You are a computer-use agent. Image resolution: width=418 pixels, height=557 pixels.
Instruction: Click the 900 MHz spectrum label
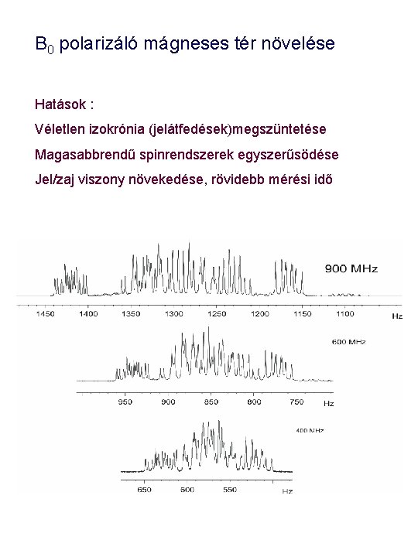point(351,268)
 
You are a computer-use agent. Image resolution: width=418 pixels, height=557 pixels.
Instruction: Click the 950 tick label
point(125,402)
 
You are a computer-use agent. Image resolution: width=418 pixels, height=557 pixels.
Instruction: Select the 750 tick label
point(296,402)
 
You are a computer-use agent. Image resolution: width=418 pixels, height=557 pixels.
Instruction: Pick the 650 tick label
point(145,489)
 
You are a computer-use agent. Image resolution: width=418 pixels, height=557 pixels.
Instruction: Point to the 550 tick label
point(230,489)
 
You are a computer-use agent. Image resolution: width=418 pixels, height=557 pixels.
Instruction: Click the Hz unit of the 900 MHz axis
point(397,316)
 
